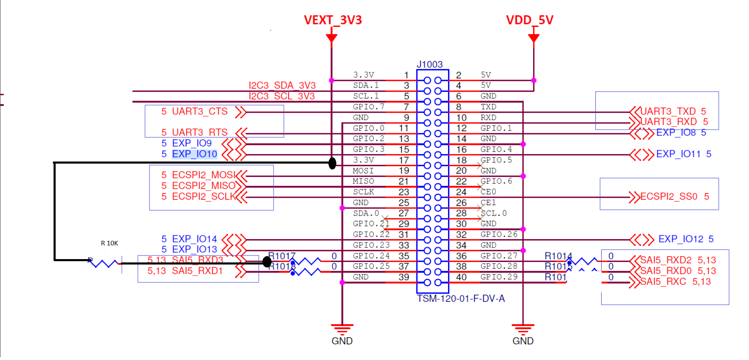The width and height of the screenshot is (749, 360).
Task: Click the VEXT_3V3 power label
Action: pyautogui.click(x=333, y=20)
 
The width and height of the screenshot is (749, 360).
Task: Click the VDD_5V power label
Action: pyautogui.click(x=529, y=20)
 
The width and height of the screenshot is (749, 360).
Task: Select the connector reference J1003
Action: pyautogui.click(x=429, y=64)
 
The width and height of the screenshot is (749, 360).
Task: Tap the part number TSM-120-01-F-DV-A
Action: pyautogui.click(x=461, y=299)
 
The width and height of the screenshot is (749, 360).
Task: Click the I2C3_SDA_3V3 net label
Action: pyautogui.click(x=282, y=86)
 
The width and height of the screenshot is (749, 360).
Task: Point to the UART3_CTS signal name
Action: pyautogui.click(x=200, y=111)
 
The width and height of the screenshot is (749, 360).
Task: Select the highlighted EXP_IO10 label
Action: pyautogui.click(x=194, y=154)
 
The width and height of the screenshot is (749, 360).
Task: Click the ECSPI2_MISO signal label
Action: pyautogui.click(x=203, y=186)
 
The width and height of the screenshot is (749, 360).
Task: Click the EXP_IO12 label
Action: pyautogui.click(x=680, y=239)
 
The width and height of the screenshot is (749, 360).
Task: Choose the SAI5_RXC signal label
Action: pyautogui.click(x=663, y=282)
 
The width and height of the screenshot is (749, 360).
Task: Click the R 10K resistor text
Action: pyautogui.click(x=109, y=243)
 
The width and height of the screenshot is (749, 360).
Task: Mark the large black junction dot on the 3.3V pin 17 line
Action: pyautogui.click(x=332, y=163)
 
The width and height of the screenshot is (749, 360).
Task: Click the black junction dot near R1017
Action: pyautogui.click(x=267, y=262)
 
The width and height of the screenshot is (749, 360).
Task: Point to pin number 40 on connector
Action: pyautogui.click(x=461, y=277)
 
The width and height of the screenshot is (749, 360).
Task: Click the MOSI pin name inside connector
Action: pyautogui.click(x=363, y=171)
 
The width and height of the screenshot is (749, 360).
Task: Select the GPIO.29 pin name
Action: pyautogui.click(x=499, y=277)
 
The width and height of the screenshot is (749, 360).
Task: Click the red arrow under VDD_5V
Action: pyautogui.click(x=534, y=38)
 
